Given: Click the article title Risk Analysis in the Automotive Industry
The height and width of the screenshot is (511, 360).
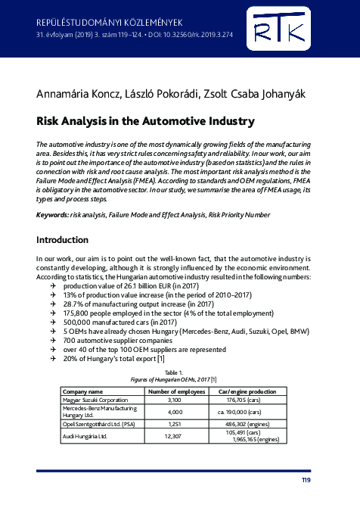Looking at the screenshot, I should pos(145,121).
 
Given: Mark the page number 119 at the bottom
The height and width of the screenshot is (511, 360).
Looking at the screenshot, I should pos(305,480).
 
